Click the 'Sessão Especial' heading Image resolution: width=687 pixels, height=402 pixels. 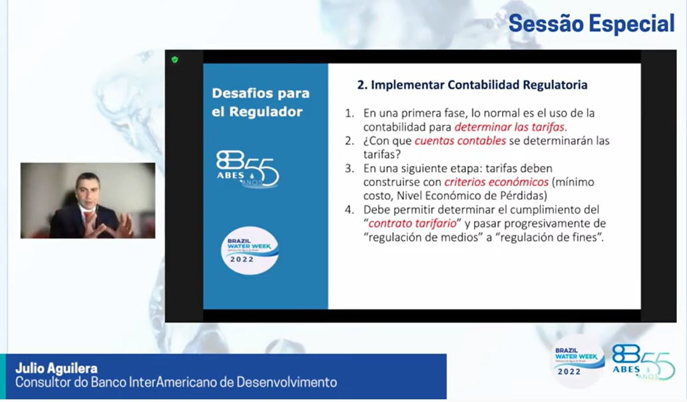pyautogui.click(x=591, y=23)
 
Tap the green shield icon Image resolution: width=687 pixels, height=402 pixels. pyautogui.click(x=175, y=60)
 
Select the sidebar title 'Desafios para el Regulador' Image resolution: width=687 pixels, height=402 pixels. pyautogui.click(x=261, y=102)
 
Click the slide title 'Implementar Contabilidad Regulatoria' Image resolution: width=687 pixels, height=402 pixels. pyautogui.click(x=479, y=85)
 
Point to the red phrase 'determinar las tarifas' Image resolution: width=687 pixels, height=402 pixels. pyautogui.click(x=509, y=127)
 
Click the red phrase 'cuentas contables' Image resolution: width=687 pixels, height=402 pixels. pyautogui.click(x=460, y=141)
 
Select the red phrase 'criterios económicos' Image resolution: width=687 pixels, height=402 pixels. pyautogui.click(x=497, y=182)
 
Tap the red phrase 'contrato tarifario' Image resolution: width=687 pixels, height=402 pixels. pyautogui.click(x=412, y=223)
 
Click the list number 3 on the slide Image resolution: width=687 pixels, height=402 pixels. pyautogui.click(x=349, y=169)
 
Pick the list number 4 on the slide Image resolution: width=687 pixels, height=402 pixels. pyautogui.click(x=349, y=210)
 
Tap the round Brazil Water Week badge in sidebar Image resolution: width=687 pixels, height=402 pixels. pyautogui.click(x=249, y=251)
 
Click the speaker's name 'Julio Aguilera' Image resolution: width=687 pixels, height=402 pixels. pyautogui.click(x=57, y=368)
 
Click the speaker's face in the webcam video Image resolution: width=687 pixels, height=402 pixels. pyautogui.click(x=88, y=191)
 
